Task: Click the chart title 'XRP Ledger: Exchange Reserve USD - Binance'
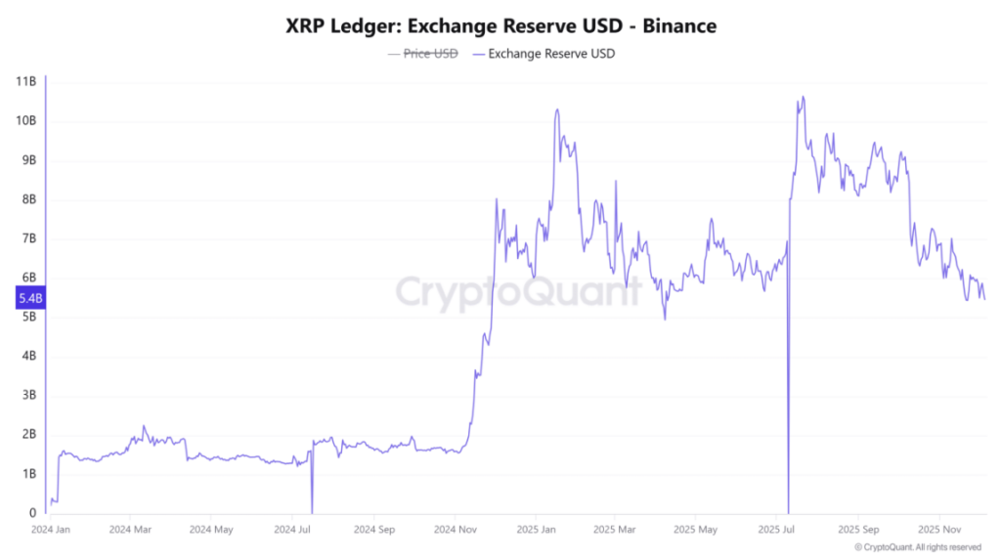pyautogui.click(x=500, y=26)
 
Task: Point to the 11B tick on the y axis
pyautogui.click(x=26, y=82)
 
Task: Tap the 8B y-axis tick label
pyautogui.click(x=28, y=199)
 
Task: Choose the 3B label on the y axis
pyautogui.click(x=28, y=395)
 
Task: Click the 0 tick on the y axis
pyautogui.click(x=32, y=512)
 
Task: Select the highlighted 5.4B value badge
pyautogui.click(x=28, y=300)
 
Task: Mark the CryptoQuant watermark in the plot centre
pyautogui.click(x=518, y=291)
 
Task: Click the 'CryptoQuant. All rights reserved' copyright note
pyautogui.click(x=918, y=547)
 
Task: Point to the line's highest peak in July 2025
pyautogui.click(x=803, y=97)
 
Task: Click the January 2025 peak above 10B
pyautogui.click(x=557, y=109)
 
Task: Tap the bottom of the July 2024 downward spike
pyautogui.click(x=312, y=510)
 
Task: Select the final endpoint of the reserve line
pyautogui.click(x=984, y=300)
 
